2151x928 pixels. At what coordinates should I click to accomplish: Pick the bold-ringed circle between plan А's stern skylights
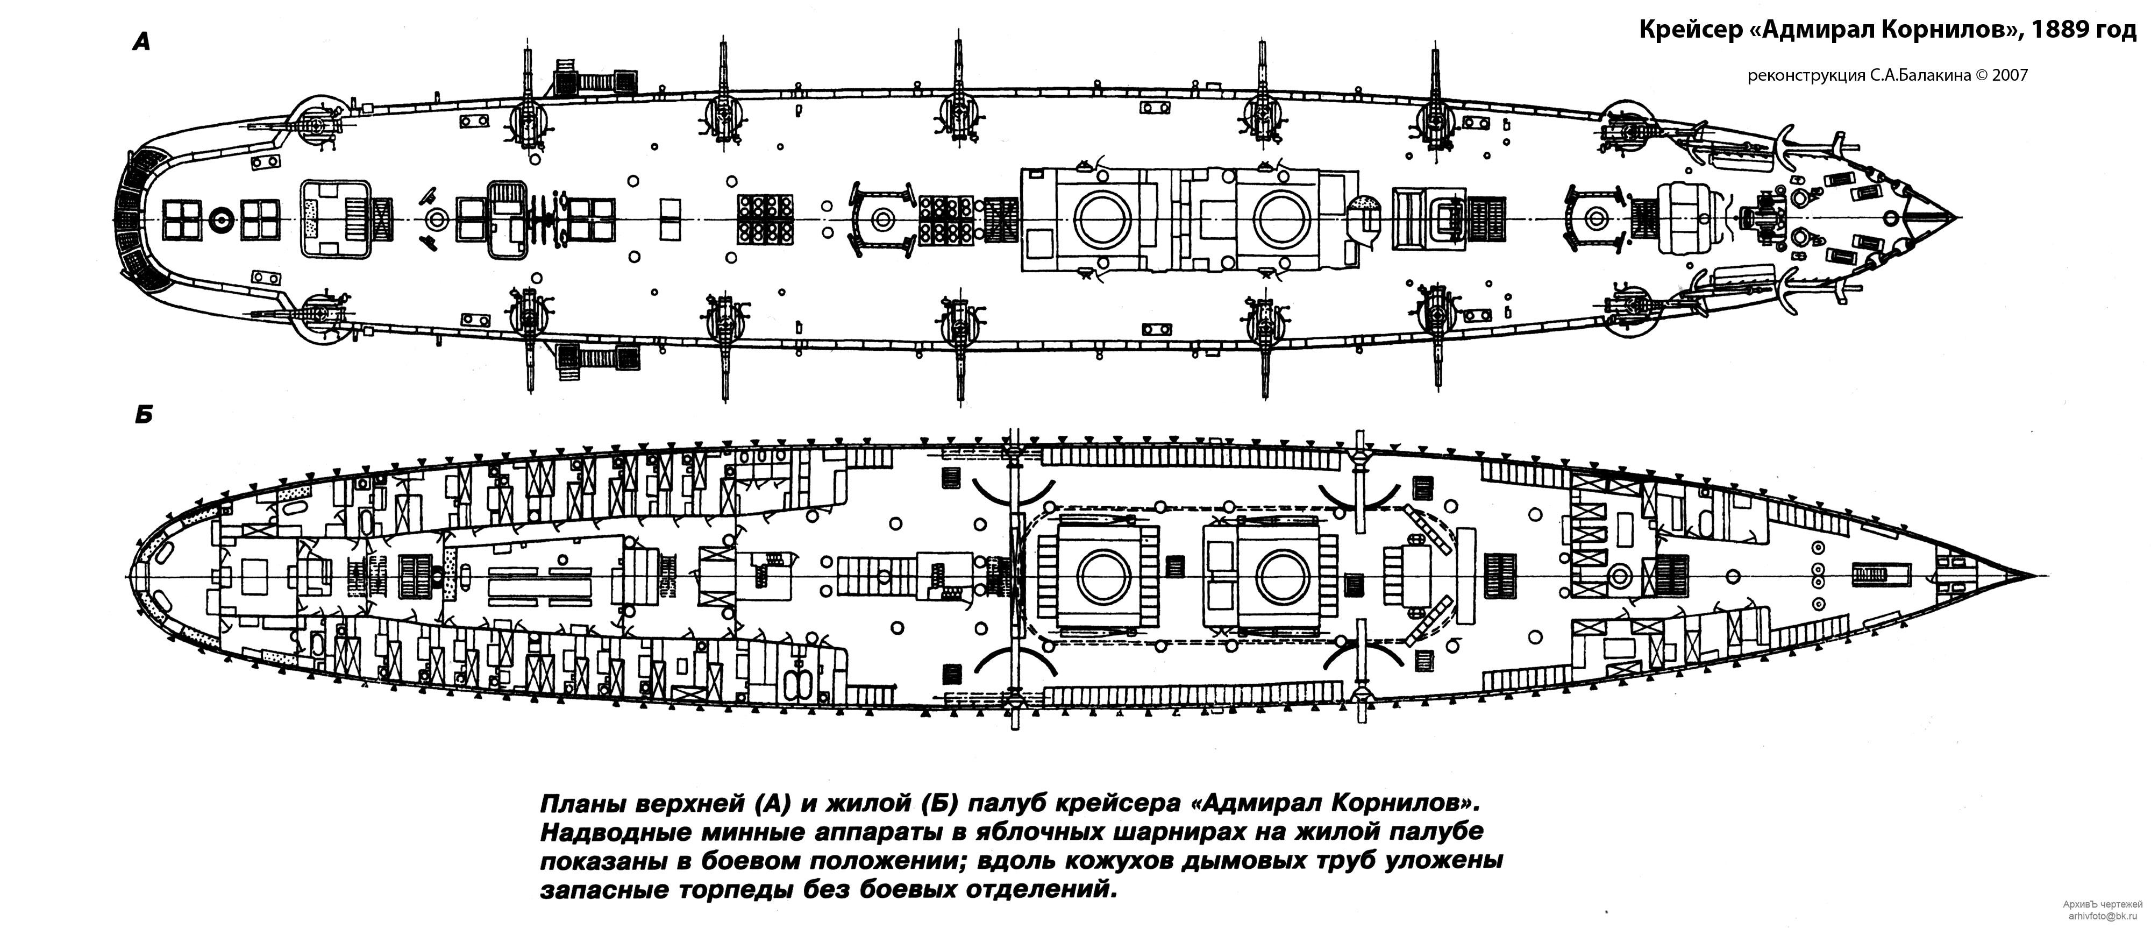221,219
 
